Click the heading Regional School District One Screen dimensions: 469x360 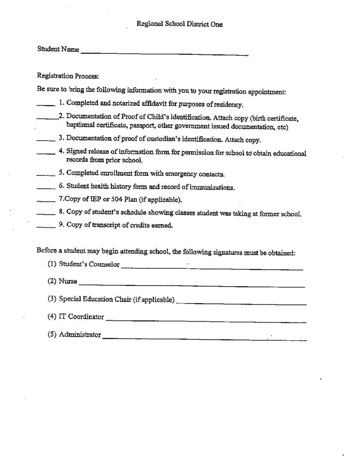pos(180,24)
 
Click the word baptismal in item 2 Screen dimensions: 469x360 pos(82,126)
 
